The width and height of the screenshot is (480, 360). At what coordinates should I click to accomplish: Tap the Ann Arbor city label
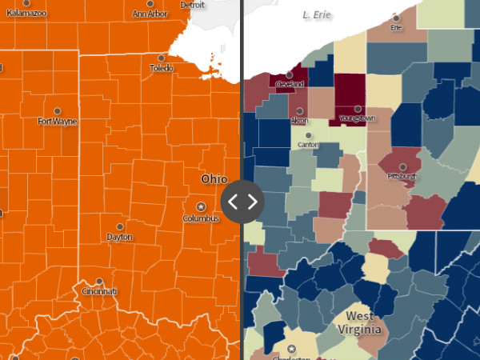coord(150,14)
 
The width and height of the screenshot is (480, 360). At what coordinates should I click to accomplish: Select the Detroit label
coord(192,5)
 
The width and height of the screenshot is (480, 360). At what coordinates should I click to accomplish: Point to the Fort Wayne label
coord(57,122)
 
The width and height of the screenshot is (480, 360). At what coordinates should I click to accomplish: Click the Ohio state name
coord(214,178)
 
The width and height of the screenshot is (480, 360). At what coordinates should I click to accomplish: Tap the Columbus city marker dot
coord(201,206)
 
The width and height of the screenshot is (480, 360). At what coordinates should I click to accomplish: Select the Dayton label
coord(119,238)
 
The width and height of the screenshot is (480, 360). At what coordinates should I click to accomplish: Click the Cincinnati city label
coord(98,292)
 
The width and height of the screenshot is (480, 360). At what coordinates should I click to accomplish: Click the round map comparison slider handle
coord(242,201)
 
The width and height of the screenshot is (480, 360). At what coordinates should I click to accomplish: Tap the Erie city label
coord(395,28)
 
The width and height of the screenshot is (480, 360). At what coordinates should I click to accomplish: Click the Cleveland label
coord(290,84)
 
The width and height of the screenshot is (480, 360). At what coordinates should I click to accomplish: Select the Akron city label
coord(299,121)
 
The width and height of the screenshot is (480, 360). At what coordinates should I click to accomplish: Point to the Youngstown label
coord(357,118)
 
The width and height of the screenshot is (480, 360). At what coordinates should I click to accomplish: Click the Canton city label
coord(307,146)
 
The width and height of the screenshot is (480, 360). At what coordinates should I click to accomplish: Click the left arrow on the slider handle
coord(233,201)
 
